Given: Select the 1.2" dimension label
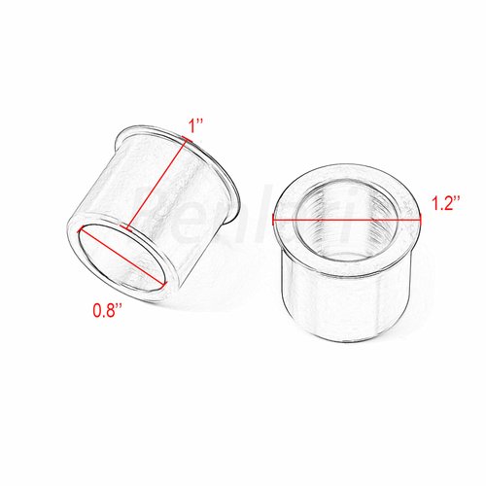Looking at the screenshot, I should pyautogui.click(x=444, y=205).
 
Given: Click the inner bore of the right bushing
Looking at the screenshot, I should pyautogui.click(x=345, y=233).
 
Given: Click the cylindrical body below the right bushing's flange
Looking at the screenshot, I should pyautogui.click(x=345, y=301).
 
